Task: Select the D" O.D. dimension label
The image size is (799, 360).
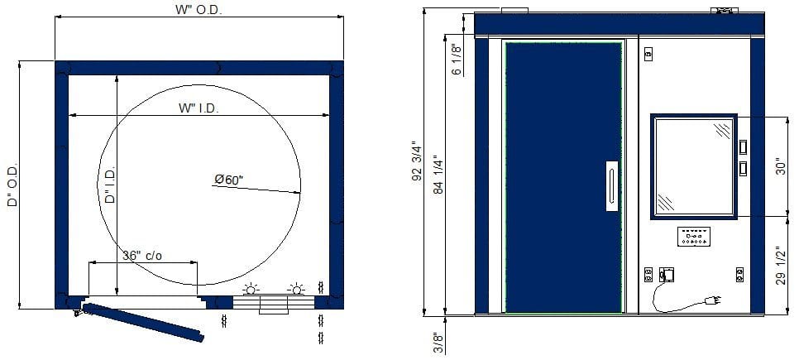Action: tap(12, 185)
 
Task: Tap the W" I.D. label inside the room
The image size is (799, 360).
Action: tap(199, 108)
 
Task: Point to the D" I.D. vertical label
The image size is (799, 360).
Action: tap(110, 185)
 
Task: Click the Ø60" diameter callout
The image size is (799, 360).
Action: tap(229, 179)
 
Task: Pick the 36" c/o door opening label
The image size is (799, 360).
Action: tap(142, 256)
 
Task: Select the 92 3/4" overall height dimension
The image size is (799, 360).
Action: tap(418, 161)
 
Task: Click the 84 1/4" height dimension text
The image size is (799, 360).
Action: tap(438, 175)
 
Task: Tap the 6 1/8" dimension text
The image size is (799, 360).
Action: tap(457, 60)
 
